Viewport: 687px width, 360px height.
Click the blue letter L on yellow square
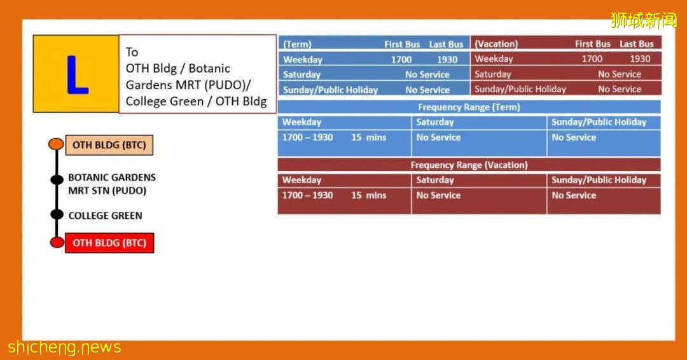[x=78, y=75]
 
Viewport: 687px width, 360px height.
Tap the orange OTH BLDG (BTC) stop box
[x=109, y=145]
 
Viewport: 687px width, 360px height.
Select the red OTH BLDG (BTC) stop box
[x=109, y=243]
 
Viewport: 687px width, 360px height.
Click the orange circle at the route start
[x=56, y=144]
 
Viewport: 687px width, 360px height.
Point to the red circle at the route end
[x=57, y=242]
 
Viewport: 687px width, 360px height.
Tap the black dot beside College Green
[x=57, y=214]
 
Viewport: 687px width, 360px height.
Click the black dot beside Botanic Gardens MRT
[x=57, y=179]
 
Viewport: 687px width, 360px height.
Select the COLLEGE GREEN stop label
[x=105, y=216]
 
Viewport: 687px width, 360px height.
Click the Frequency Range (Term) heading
[x=469, y=107]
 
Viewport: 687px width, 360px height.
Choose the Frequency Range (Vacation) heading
[x=469, y=165]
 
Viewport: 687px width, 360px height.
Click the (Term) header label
[x=297, y=45]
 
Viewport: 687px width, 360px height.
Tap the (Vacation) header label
[x=496, y=44]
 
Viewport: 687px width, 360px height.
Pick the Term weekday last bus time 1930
[x=447, y=60]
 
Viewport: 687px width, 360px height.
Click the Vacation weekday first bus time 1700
[x=592, y=59]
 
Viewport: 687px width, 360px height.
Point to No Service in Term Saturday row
[x=427, y=75]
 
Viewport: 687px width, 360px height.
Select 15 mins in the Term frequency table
[x=368, y=137]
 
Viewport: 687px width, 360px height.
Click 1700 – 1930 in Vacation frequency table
[x=307, y=195]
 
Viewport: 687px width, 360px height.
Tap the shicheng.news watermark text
[x=64, y=347]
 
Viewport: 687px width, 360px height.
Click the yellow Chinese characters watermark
[x=643, y=20]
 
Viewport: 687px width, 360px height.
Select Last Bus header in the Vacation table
[x=636, y=44]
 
